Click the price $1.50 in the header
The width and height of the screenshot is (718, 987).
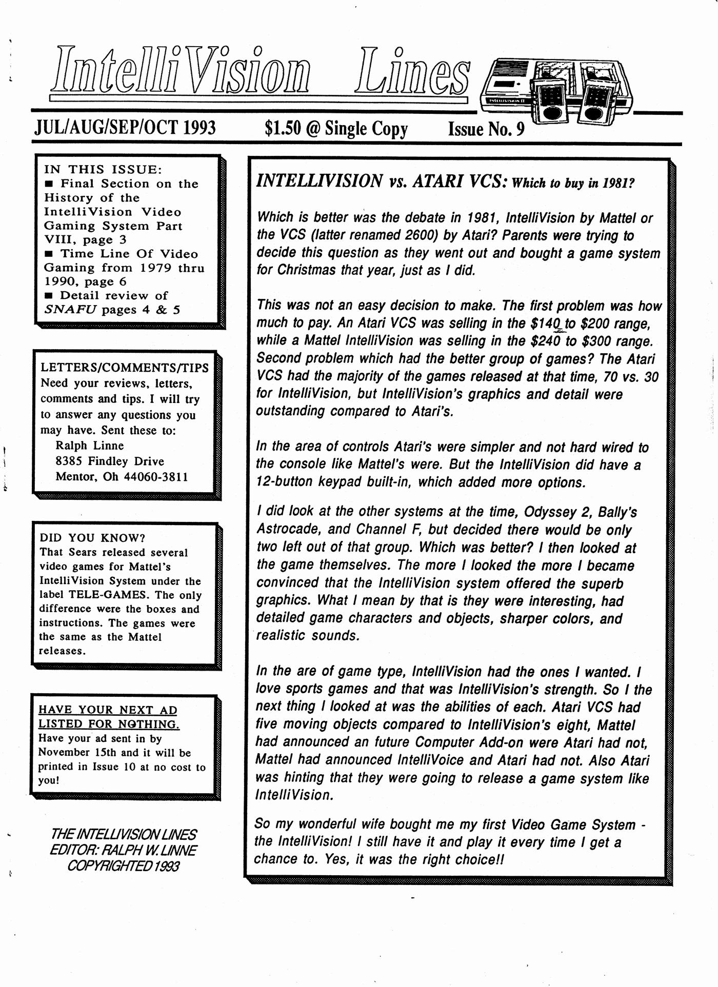(x=282, y=128)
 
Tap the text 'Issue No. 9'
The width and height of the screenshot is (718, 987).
(x=486, y=129)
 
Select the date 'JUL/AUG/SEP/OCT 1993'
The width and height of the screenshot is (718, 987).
(x=125, y=128)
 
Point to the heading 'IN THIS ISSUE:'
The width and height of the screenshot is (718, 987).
(x=103, y=169)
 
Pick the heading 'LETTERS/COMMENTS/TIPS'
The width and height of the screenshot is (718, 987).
(x=125, y=368)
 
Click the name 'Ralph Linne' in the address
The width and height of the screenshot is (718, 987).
(x=89, y=446)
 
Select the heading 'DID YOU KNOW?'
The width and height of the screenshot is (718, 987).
(x=92, y=537)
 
